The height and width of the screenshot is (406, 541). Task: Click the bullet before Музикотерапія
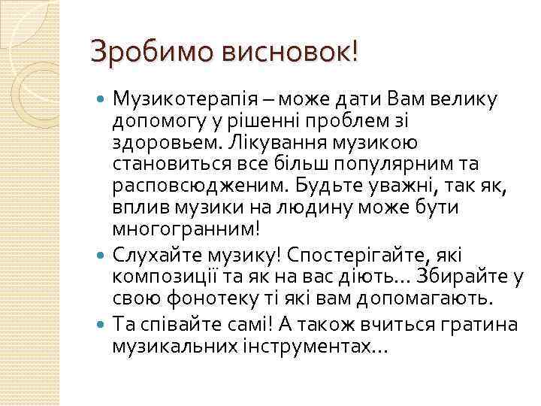coord(102,99)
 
